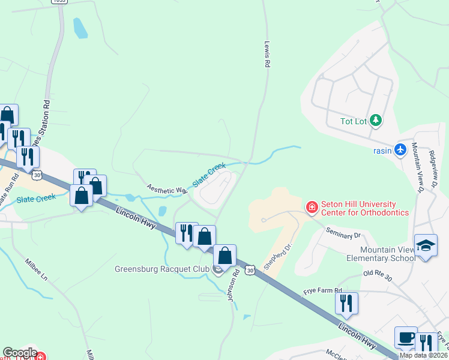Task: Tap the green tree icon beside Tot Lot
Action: (376, 121)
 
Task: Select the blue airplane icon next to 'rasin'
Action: (401, 149)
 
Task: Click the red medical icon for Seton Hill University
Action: (312, 208)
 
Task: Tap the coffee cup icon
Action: (406, 337)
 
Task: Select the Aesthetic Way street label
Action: (166, 188)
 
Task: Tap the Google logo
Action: (20, 353)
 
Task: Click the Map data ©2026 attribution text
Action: (423, 355)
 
